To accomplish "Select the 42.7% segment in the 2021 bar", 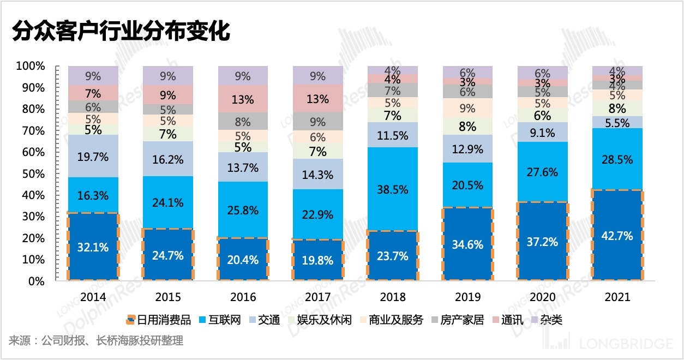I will (617, 236).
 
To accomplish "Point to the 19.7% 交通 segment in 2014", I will (93, 157).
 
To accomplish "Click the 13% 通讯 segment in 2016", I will (243, 100).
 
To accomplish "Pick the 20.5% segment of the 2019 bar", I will (467, 185).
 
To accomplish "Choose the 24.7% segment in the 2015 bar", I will (168, 255).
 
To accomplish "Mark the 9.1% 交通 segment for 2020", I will (542, 133).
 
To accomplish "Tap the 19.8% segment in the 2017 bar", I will (318, 260).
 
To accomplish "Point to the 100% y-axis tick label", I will (31, 66).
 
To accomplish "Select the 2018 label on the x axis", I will (393, 297).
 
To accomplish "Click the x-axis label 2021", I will (617, 297).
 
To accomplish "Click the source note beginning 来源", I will (96, 341).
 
